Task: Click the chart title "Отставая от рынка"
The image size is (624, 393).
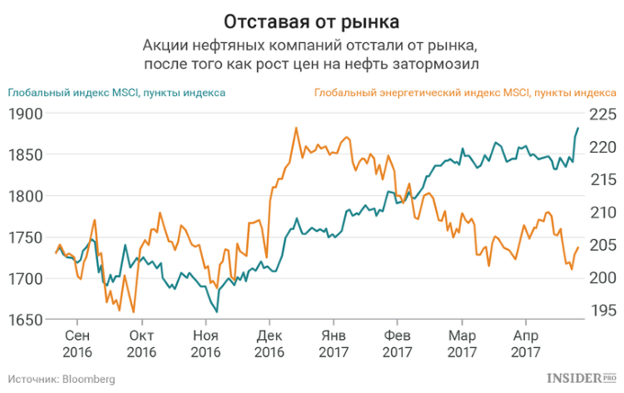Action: (311, 19)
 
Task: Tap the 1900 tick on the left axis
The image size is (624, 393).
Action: (25, 114)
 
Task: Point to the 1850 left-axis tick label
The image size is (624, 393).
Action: (25, 155)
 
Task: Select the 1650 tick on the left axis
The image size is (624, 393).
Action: (25, 319)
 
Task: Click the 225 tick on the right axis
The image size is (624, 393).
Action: (602, 114)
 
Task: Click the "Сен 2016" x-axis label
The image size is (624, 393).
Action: (77, 344)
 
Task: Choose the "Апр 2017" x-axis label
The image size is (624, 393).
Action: (525, 344)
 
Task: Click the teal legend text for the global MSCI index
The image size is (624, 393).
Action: (117, 93)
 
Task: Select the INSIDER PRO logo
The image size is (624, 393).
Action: (581, 377)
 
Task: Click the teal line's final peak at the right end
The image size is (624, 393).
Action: (578, 127)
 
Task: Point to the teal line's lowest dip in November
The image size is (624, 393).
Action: (217, 312)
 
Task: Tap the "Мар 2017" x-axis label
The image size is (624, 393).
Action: (461, 344)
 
